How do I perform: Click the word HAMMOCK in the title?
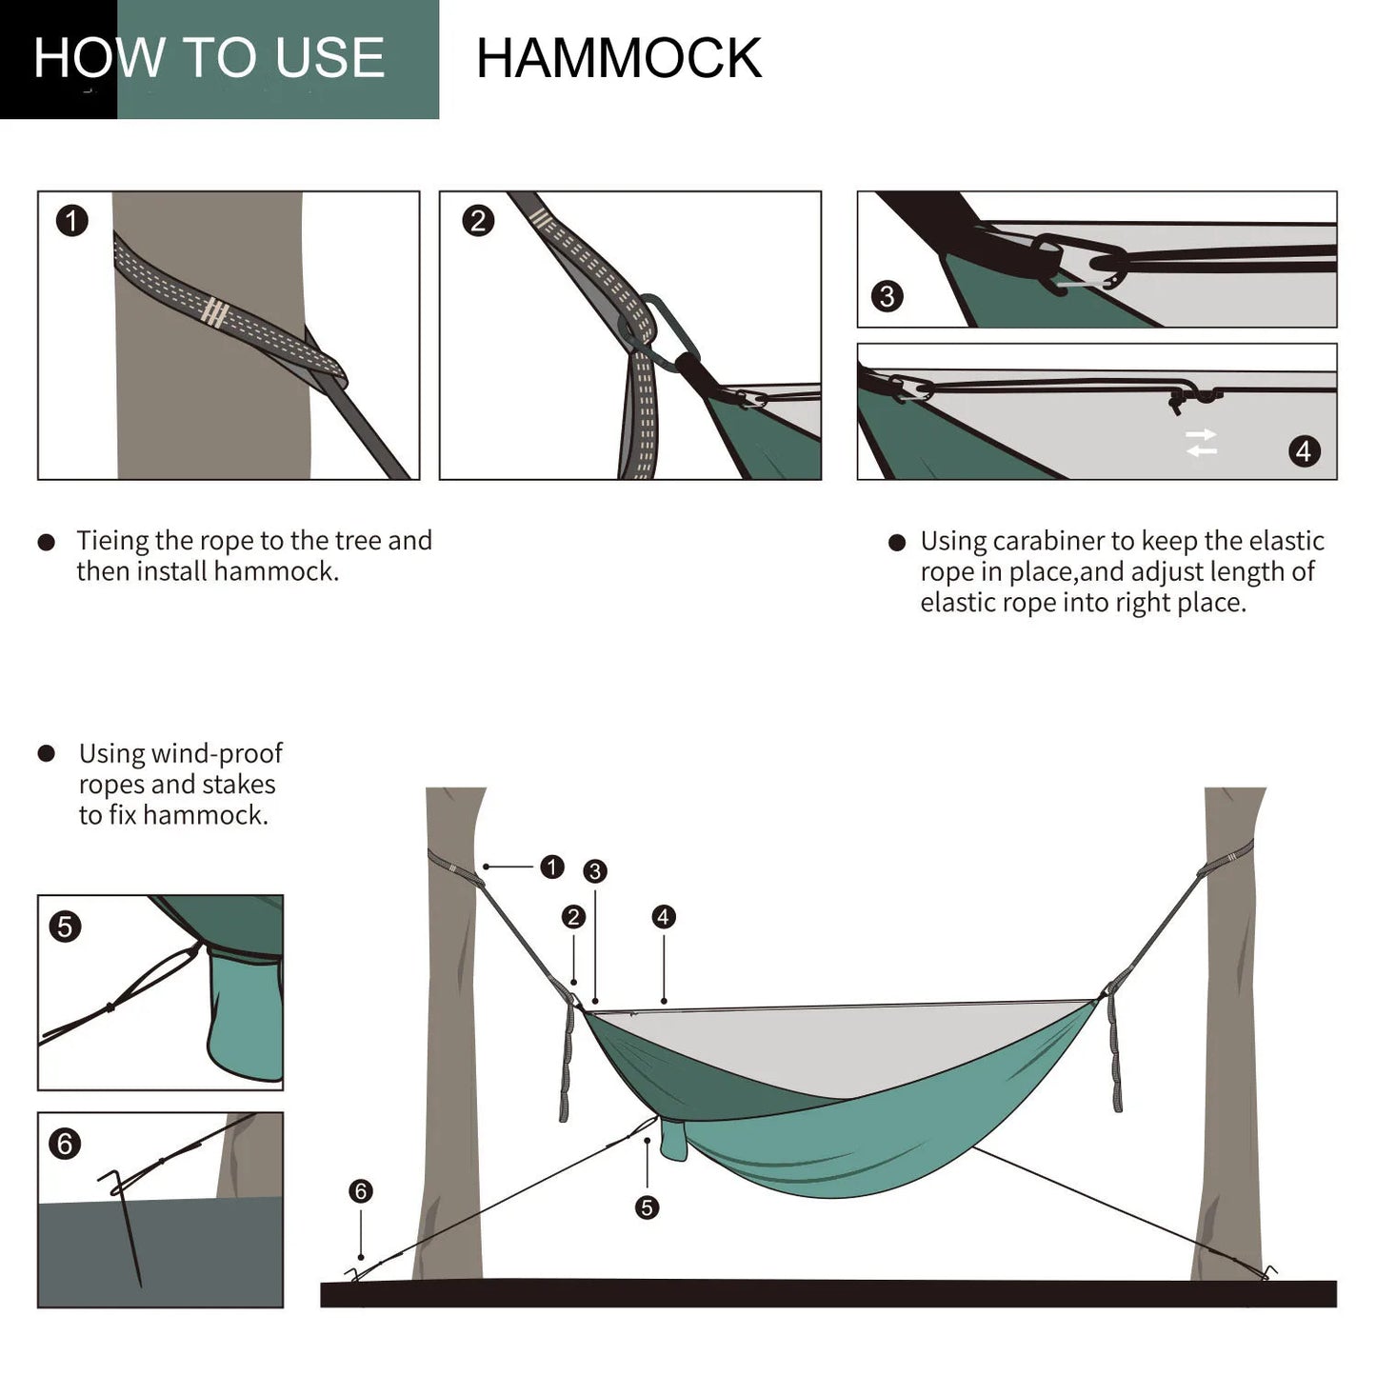pyautogui.click(x=618, y=59)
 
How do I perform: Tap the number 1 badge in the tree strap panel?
pyautogui.click(x=72, y=221)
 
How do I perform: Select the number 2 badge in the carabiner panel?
pyautogui.click(x=478, y=221)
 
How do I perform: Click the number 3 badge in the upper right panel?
pyautogui.click(x=887, y=296)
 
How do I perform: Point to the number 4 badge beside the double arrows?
pyautogui.click(x=1304, y=450)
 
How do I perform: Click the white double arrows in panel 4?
pyautogui.click(x=1201, y=443)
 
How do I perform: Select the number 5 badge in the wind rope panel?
pyautogui.click(x=65, y=927)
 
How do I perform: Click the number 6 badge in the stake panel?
pyautogui.click(x=65, y=1143)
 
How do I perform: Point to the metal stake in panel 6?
pyautogui.click(x=127, y=1228)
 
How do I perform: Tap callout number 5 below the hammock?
pyautogui.click(x=647, y=1207)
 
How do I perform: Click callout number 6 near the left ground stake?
pyautogui.click(x=360, y=1190)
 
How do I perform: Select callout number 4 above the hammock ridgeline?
pyautogui.click(x=663, y=916)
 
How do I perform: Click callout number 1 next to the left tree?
pyautogui.click(x=551, y=867)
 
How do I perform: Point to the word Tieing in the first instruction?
pyautogui.click(x=112, y=541)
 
